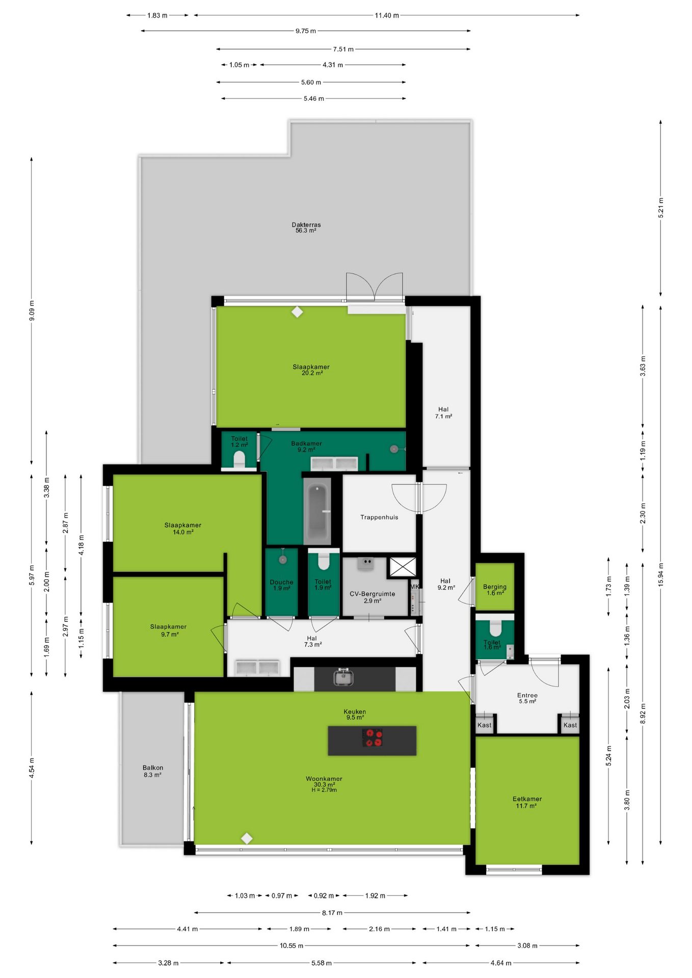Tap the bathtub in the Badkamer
(317, 511)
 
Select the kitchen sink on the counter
(343, 677)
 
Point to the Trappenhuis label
(379, 517)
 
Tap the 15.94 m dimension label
(660, 575)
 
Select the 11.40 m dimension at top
(387, 15)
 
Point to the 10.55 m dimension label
(291, 945)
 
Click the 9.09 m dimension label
(32, 311)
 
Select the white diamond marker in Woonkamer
(247, 838)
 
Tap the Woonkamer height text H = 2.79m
(324, 790)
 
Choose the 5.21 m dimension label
(660, 208)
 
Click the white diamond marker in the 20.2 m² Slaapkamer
(297, 311)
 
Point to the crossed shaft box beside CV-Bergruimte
(403, 567)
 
